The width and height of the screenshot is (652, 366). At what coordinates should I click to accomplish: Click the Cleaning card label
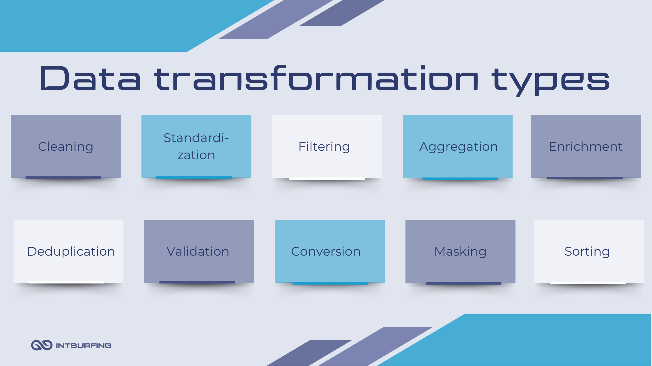[65, 147]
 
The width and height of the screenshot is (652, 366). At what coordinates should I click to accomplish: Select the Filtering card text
[324, 147]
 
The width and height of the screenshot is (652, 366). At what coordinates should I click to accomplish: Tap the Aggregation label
[458, 147]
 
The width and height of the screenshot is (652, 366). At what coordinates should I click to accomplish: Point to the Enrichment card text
[586, 146]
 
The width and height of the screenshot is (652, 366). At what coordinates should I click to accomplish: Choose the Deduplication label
[71, 252]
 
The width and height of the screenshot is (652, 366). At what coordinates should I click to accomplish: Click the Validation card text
[198, 251]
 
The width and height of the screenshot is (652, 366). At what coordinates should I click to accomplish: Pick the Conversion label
[326, 251]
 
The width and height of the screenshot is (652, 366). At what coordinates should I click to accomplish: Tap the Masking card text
[460, 252]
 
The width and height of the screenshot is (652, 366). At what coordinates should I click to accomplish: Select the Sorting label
[587, 252]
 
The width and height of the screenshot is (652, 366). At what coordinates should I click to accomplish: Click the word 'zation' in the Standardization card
[196, 155]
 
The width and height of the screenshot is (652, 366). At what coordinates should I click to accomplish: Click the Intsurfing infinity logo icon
[42, 345]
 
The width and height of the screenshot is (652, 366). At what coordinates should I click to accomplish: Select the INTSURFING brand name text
[84, 346]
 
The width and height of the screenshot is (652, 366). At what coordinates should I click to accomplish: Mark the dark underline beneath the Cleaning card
[63, 177]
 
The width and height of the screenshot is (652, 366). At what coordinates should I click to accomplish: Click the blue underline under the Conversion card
[330, 283]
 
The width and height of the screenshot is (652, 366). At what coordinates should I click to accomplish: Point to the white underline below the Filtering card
[327, 179]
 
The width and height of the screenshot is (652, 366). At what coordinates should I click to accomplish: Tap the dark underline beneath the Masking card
[463, 283]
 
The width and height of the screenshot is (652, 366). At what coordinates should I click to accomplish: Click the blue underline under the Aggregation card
[460, 179]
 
